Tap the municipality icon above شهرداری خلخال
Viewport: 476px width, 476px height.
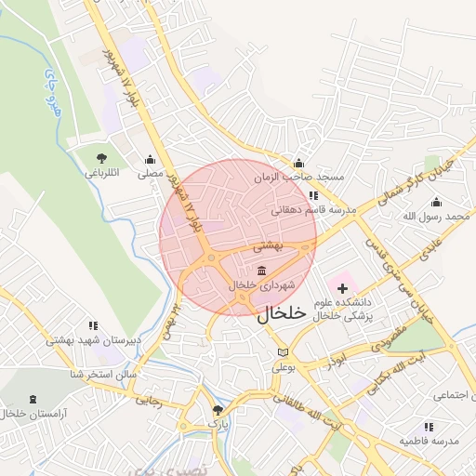(x=260, y=270)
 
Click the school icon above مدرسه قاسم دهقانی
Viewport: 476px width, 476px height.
(x=313, y=195)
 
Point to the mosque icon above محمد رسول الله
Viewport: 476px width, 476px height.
(x=436, y=202)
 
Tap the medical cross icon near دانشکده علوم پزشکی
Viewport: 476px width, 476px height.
(x=343, y=289)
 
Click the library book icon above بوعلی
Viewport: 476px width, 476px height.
(x=284, y=353)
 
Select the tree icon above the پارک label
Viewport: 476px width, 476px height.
(x=218, y=410)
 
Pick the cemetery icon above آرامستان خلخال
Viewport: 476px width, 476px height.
(x=34, y=399)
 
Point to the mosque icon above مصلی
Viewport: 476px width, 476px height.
(x=151, y=159)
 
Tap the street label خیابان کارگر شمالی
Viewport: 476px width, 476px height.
(x=415, y=182)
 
